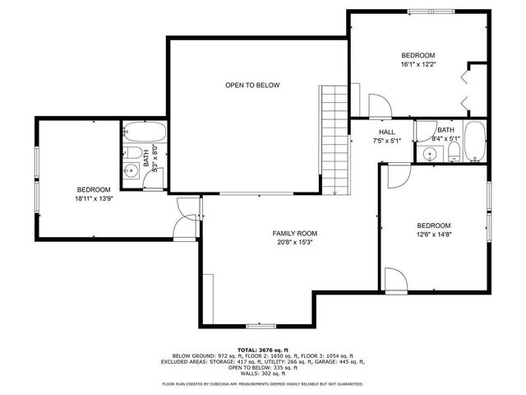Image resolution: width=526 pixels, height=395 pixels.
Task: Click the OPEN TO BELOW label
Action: point(252,85)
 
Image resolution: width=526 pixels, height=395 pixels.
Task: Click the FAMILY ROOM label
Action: point(294,233)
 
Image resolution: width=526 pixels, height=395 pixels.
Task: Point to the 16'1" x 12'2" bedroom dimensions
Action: point(418,64)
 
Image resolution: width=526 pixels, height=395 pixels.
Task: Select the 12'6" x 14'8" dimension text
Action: point(433,235)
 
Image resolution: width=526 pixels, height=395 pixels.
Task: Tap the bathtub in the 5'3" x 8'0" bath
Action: point(145,133)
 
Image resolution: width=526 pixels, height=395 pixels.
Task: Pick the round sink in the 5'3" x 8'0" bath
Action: point(131,172)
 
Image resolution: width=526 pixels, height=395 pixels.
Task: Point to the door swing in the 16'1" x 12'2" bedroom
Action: point(379,104)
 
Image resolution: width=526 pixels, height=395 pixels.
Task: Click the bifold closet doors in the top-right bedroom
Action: point(466,91)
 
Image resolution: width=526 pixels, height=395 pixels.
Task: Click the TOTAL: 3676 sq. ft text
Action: point(263,349)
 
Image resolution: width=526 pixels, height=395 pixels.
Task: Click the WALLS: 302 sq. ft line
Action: point(263,373)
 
